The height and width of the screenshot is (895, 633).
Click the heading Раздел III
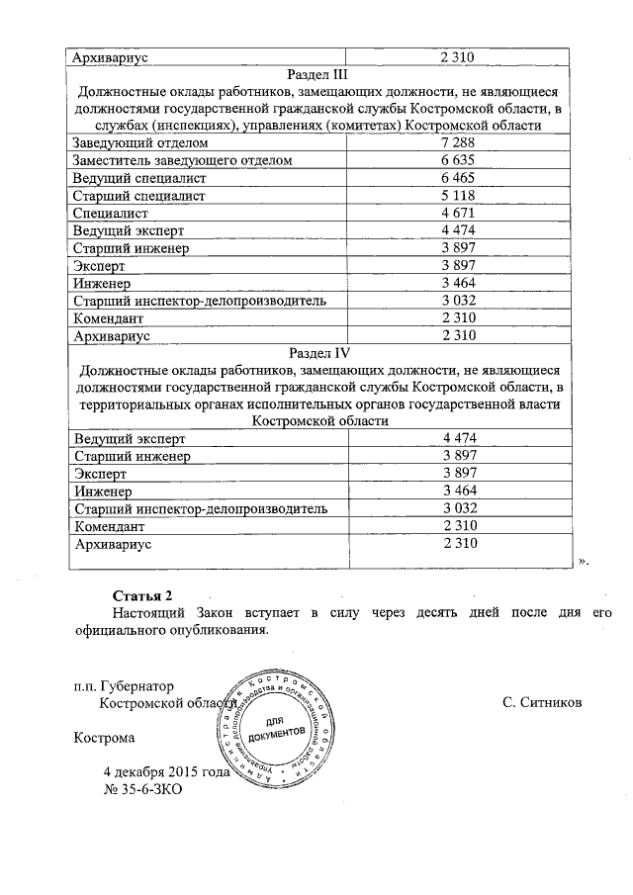tap(318, 74)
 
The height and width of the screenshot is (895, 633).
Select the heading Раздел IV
tap(318, 351)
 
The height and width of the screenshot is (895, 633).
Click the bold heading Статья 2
tap(142, 595)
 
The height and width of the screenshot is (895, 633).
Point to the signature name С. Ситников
tap(542, 702)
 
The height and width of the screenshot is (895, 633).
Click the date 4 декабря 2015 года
tap(166, 772)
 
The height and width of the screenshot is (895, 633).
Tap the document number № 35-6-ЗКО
tap(143, 790)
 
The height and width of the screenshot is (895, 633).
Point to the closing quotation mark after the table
tap(583, 561)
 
